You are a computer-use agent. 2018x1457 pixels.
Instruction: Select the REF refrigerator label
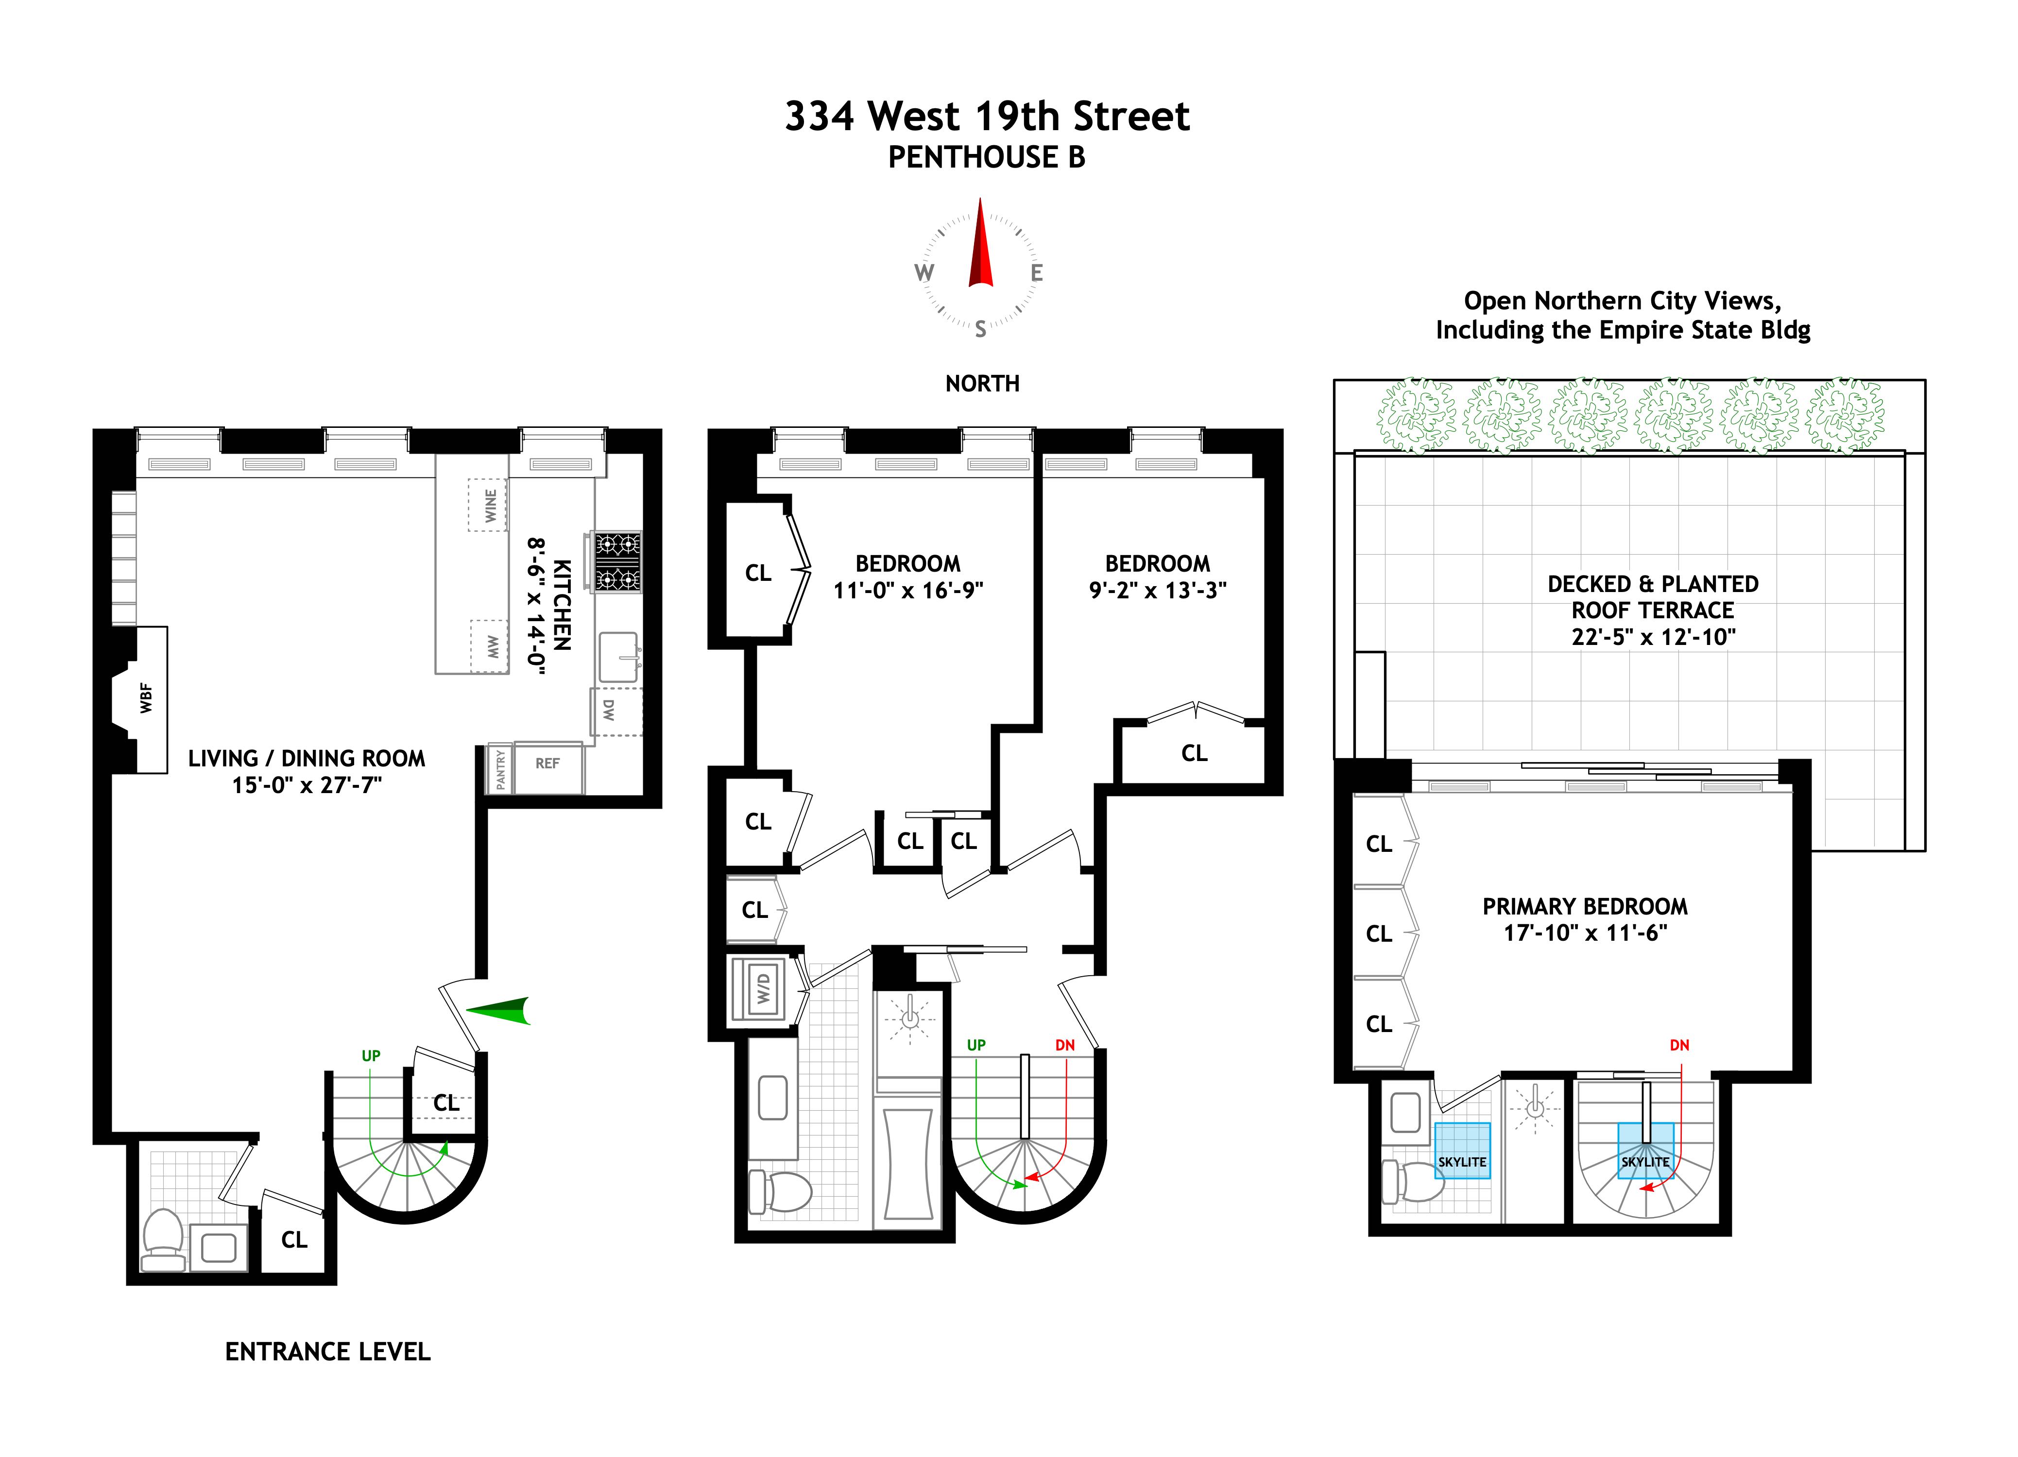tap(547, 763)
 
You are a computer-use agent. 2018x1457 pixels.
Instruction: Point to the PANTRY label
tap(500, 768)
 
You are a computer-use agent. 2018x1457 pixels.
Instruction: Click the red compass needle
tap(980, 245)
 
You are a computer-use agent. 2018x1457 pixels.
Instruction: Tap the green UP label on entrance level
tap(371, 1056)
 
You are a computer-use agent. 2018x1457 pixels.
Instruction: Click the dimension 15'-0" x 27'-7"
tap(307, 784)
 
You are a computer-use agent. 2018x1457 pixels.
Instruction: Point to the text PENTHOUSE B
tap(986, 157)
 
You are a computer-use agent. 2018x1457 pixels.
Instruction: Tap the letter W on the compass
tap(924, 273)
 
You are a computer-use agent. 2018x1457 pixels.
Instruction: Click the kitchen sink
tap(617, 657)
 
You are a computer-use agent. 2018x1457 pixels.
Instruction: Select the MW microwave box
tap(489, 646)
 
